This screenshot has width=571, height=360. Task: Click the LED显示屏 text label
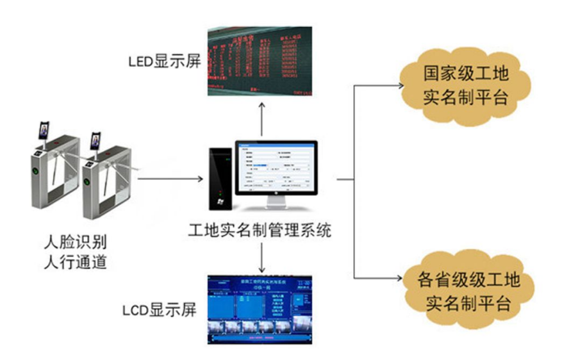pyautogui.click(x=165, y=62)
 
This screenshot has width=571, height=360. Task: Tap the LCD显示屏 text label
pyautogui.click(x=158, y=311)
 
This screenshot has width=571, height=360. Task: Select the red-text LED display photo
pyautogui.click(x=260, y=61)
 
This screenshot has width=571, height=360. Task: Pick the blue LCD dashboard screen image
pyautogui.click(x=261, y=309)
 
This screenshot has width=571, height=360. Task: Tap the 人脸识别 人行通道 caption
pyautogui.click(x=75, y=252)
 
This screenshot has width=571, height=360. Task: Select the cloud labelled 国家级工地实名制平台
pyautogui.click(x=466, y=85)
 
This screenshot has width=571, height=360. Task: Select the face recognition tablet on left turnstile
pyautogui.click(x=44, y=131)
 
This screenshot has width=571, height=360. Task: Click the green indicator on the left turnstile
pyautogui.click(x=35, y=171)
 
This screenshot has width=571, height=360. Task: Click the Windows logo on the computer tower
pyautogui.click(x=220, y=202)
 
